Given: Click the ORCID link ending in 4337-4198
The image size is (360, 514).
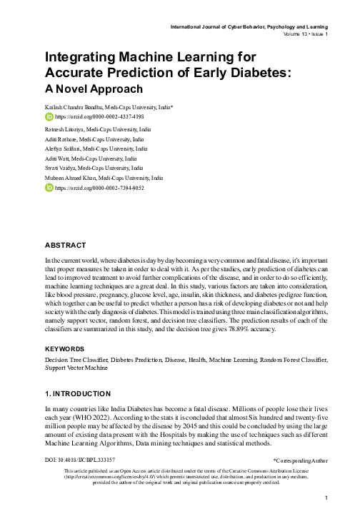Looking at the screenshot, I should [99, 115].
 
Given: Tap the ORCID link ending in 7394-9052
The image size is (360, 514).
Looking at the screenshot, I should [99, 188].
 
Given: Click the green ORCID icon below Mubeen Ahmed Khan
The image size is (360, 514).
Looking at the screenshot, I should [49, 188].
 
